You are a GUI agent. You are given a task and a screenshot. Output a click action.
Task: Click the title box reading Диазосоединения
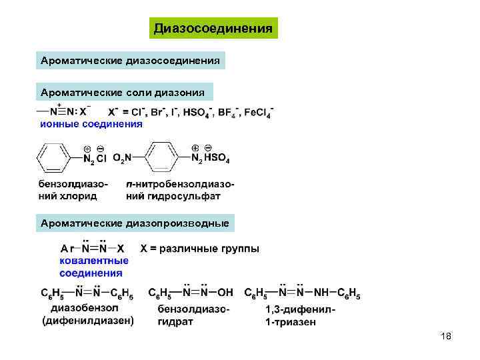(x=213, y=28)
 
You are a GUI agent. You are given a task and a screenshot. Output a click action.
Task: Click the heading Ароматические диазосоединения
(x=131, y=60)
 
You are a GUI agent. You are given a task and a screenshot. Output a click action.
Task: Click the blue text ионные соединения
(x=91, y=123)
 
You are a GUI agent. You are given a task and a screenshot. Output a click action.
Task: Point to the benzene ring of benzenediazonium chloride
(x=53, y=158)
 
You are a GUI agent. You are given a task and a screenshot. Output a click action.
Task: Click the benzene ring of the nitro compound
(x=163, y=157)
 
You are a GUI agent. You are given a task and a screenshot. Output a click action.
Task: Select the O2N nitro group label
(x=122, y=158)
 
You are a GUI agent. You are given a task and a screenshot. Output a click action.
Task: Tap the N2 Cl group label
(x=94, y=159)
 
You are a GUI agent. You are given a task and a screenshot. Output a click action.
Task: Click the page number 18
(x=446, y=337)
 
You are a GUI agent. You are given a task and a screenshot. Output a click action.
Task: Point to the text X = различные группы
(x=200, y=249)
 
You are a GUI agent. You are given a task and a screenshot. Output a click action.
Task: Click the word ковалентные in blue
(x=94, y=261)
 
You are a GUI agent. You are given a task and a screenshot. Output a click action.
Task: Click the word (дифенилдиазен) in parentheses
(x=88, y=321)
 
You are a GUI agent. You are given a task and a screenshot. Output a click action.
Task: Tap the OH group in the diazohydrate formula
(x=225, y=293)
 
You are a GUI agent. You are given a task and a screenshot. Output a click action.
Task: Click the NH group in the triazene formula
(x=323, y=293)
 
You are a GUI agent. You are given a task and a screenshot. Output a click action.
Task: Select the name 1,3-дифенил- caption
(x=300, y=310)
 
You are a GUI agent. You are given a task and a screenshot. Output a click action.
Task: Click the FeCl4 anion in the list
(x=258, y=111)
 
